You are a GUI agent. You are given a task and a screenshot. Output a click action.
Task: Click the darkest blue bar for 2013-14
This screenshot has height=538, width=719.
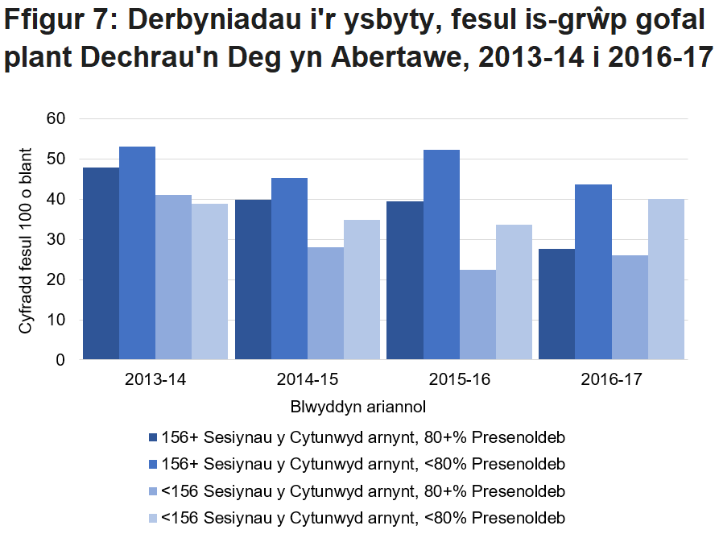click(101, 263)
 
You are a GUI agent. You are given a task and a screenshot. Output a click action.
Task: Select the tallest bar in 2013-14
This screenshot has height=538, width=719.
click(137, 253)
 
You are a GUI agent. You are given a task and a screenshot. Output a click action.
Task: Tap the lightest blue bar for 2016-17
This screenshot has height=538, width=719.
click(666, 279)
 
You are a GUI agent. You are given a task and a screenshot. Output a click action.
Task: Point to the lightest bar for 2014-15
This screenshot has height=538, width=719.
click(362, 290)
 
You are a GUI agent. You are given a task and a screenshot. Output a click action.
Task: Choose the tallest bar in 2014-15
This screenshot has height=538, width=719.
click(289, 269)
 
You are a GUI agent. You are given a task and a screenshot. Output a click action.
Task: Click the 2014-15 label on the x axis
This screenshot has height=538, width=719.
click(308, 379)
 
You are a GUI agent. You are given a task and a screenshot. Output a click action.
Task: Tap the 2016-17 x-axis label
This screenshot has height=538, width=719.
click(611, 379)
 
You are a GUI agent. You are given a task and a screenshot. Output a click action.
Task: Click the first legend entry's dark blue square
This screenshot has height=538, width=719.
click(152, 438)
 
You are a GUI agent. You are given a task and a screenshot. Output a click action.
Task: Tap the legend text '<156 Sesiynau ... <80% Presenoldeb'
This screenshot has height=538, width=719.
click(363, 518)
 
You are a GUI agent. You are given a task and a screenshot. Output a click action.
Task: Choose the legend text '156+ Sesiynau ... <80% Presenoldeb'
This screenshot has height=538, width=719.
click(363, 465)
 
